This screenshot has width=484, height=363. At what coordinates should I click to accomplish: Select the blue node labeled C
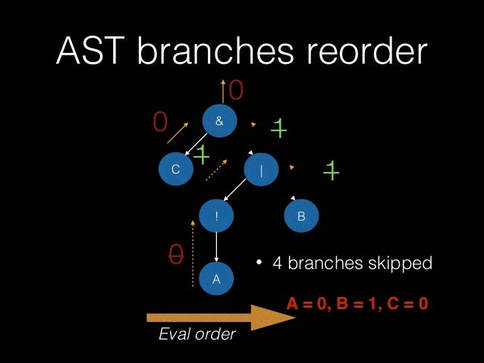coord(176,171)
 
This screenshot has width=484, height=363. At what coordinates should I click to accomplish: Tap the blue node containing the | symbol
coord(262,171)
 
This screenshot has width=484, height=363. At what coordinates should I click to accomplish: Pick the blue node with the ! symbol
coord(217,216)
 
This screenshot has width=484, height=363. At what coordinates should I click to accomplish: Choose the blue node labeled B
coord(302,216)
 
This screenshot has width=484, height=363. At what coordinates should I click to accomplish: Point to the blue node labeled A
coord(217,279)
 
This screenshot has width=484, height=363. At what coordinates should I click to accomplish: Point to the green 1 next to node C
coord(202,155)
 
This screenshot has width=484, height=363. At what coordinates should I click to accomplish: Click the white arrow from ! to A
coord(217,247)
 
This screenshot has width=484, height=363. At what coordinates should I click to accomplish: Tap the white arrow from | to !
coord(238,192)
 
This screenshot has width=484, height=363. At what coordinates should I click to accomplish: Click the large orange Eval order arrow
coord(220,316)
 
